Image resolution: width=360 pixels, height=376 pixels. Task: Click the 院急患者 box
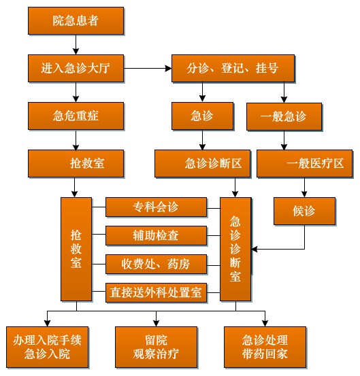(x=76, y=20)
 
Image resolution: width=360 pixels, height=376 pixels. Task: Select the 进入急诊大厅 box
(x=76, y=69)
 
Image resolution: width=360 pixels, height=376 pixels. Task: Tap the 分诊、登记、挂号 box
(x=233, y=69)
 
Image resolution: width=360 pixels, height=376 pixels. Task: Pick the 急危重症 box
(x=76, y=116)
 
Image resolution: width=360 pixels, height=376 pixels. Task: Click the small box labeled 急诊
(x=202, y=116)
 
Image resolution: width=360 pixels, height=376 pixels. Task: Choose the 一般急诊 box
(x=284, y=117)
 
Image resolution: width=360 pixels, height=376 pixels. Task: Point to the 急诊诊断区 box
(x=203, y=164)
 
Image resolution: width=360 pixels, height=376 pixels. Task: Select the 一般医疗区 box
(x=305, y=164)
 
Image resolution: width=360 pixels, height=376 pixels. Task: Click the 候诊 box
(x=305, y=211)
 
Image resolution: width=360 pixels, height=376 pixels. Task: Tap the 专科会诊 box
(x=156, y=207)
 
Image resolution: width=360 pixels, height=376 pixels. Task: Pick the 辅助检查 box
(x=156, y=236)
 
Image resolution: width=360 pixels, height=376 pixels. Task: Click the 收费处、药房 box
(x=156, y=264)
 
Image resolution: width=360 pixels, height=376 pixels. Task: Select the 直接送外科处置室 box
(x=156, y=293)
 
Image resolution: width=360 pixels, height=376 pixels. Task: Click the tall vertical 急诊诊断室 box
(x=235, y=249)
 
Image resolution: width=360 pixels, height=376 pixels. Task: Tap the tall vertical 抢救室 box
(x=76, y=249)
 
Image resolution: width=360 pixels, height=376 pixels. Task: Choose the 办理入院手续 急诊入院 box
(x=47, y=347)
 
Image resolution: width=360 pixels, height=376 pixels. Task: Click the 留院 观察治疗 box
(x=157, y=347)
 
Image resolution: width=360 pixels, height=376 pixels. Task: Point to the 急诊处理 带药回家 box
(x=265, y=347)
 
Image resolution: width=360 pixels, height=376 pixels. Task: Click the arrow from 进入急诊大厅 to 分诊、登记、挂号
(x=148, y=69)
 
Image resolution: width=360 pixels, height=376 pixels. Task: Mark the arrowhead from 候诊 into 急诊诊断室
(x=254, y=250)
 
